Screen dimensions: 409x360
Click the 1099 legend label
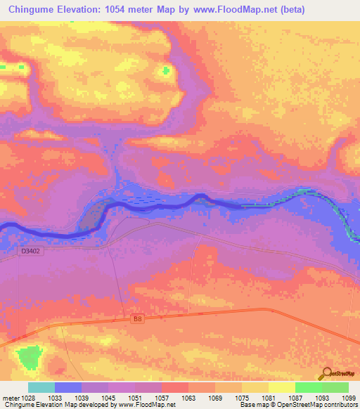(348, 398)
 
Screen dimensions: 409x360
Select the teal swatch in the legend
(41, 387)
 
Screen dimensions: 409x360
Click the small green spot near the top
(167, 70)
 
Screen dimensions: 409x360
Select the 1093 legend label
(321, 398)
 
